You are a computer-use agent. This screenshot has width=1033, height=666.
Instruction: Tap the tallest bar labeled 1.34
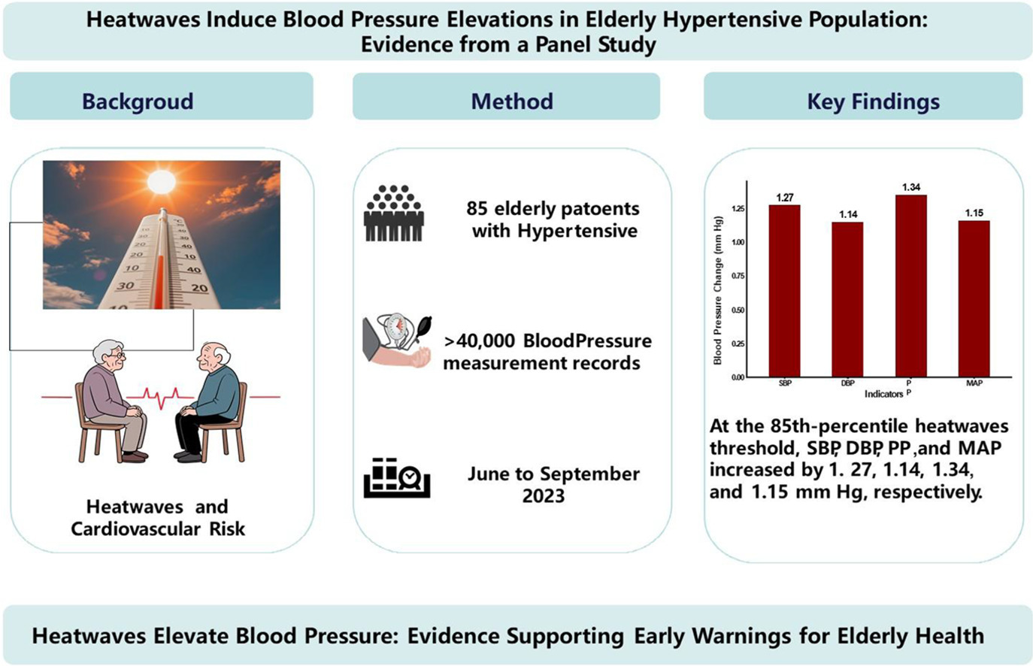point(910,286)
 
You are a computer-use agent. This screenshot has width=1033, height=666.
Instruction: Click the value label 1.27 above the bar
point(784,198)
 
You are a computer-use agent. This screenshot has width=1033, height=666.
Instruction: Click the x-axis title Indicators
point(883,394)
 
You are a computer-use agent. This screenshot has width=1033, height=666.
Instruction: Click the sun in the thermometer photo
point(161,181)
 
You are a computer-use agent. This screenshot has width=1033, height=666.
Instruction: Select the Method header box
point(506,96)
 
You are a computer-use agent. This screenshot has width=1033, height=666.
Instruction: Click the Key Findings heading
point(873,101)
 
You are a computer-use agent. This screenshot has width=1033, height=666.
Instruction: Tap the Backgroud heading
point(138,101)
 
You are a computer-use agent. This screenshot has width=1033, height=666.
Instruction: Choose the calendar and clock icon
point(396,478)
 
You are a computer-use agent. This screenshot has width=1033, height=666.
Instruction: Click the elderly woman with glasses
point(112,398)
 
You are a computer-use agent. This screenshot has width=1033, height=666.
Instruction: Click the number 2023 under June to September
point(544,496)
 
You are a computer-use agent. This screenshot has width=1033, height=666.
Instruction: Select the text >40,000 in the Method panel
point(479,341)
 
